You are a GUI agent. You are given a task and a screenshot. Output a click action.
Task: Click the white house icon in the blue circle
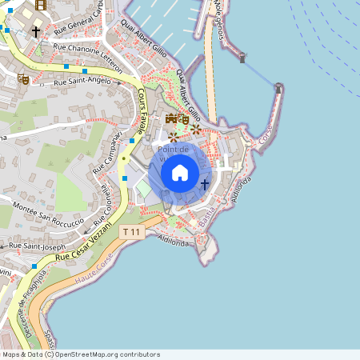pos(180,173)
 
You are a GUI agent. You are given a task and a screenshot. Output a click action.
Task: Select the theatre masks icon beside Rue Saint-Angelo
pos(23,79)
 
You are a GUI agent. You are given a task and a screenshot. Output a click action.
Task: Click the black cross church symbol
pos(35,31)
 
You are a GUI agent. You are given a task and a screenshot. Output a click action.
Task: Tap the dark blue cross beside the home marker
pos(205,184)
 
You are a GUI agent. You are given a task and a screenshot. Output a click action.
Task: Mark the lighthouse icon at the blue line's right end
pos(278,87)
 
